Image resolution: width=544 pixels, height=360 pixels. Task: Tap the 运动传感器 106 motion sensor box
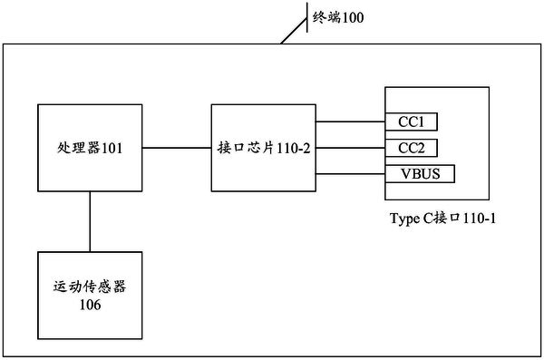[89, 296]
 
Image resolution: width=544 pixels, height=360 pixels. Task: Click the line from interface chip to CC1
[349, 121]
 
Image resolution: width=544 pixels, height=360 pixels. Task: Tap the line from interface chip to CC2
[349, 147]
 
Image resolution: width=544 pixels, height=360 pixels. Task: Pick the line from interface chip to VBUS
[349, 172]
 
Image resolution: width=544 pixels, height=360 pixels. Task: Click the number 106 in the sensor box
[89, 306]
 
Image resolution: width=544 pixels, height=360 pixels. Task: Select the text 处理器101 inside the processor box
[89, 147]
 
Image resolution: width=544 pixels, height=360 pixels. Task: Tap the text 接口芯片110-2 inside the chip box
[263, 147]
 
